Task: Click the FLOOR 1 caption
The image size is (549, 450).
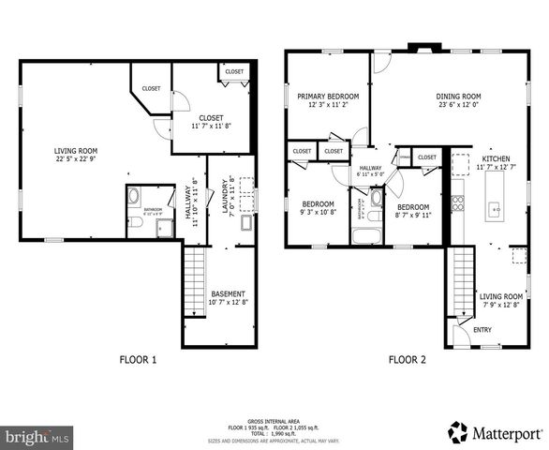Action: click(x=138, y=359)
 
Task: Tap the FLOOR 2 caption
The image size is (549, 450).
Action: click(x=408, y=359)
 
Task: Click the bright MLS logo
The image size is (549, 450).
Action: click(x=37, y=436)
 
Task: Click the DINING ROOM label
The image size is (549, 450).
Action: click(x=458, y=97)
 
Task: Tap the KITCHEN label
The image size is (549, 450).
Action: click(x=496, y=159)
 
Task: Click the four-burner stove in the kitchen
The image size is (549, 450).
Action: click(x=458, y=204)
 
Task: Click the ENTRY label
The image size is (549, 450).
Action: click(x=482, y=329)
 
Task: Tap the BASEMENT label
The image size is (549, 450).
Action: click(x=228, y=293)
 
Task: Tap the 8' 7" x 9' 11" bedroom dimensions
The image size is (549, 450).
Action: click(x=413, y=215)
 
